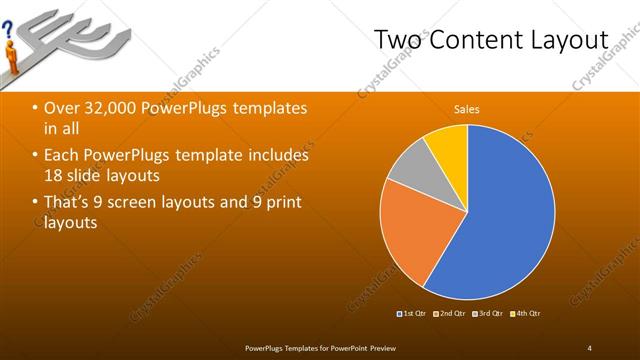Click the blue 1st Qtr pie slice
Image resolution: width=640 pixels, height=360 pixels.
(500, 220)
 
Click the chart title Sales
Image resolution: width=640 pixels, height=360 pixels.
(467, 109)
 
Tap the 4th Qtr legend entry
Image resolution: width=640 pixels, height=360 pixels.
(526, 314)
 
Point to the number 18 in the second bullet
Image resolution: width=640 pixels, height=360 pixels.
(56, 176)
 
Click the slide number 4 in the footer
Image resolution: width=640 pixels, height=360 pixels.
(590, 347)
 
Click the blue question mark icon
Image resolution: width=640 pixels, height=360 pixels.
(8, 33)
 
